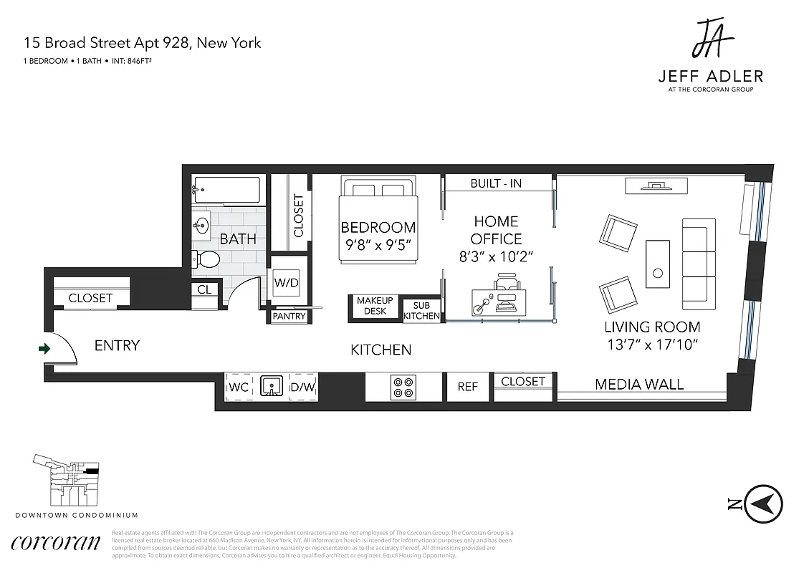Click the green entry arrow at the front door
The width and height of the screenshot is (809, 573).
coord(44,349)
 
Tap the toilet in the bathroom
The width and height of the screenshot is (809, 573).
coord(206,259)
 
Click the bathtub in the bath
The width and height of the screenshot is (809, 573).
coord(226,191)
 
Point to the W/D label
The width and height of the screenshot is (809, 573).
coord(286,282)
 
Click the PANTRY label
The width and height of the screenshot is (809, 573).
coord(289,316)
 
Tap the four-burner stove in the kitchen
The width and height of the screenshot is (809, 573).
coord(402,387)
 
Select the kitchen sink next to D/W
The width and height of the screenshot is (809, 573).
coord(271,387)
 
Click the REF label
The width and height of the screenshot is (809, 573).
coord(467,387)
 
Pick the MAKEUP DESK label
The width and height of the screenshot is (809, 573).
coord(375,306)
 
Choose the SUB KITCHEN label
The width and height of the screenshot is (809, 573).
coord(421,311)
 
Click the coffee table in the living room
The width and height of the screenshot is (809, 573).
coord(658,262)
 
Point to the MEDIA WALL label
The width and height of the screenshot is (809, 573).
coord(639,384)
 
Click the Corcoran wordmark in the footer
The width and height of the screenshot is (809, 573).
coord(55,542)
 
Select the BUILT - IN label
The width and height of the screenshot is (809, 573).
coord(496,183)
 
